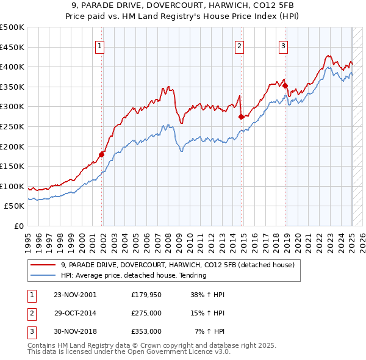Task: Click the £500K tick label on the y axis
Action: (12, 27)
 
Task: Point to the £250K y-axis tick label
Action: (12, 126)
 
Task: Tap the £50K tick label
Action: (15, 206)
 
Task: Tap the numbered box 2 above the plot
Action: (240, 45)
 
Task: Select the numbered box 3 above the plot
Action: (284, 45)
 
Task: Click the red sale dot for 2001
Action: (102, 154)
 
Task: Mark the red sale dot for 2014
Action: (242, 117)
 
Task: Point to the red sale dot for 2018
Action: (285, 86)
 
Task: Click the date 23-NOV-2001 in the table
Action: (75, 294)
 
